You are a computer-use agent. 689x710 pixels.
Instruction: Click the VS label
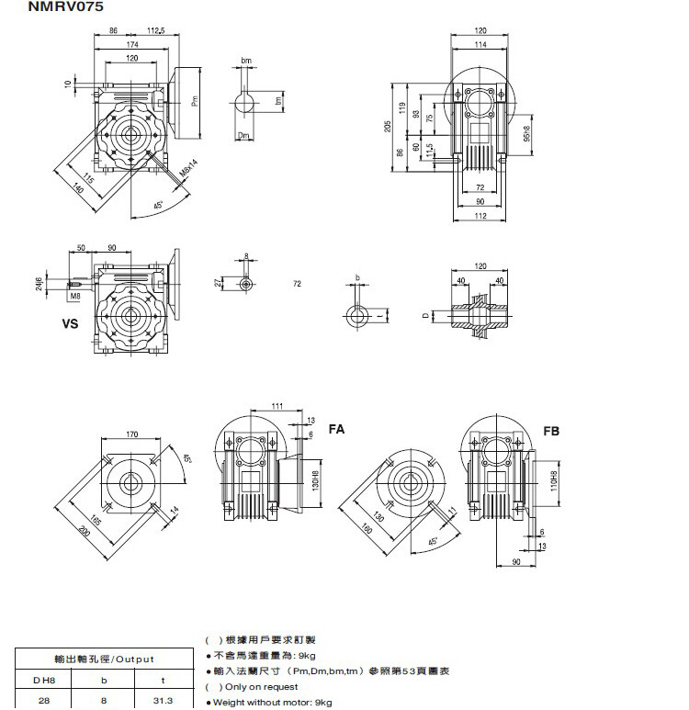70,324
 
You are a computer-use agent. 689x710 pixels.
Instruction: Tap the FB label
551,431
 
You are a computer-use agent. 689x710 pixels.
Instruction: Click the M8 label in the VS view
74,296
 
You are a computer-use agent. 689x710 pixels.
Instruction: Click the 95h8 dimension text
526,134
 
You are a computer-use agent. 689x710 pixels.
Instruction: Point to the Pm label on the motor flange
194,102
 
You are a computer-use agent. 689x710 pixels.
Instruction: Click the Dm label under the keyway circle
244,136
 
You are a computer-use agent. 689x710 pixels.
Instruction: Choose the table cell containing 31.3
166,700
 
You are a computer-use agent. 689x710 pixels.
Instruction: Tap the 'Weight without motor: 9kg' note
272,703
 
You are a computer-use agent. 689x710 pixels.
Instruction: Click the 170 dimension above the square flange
133,434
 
